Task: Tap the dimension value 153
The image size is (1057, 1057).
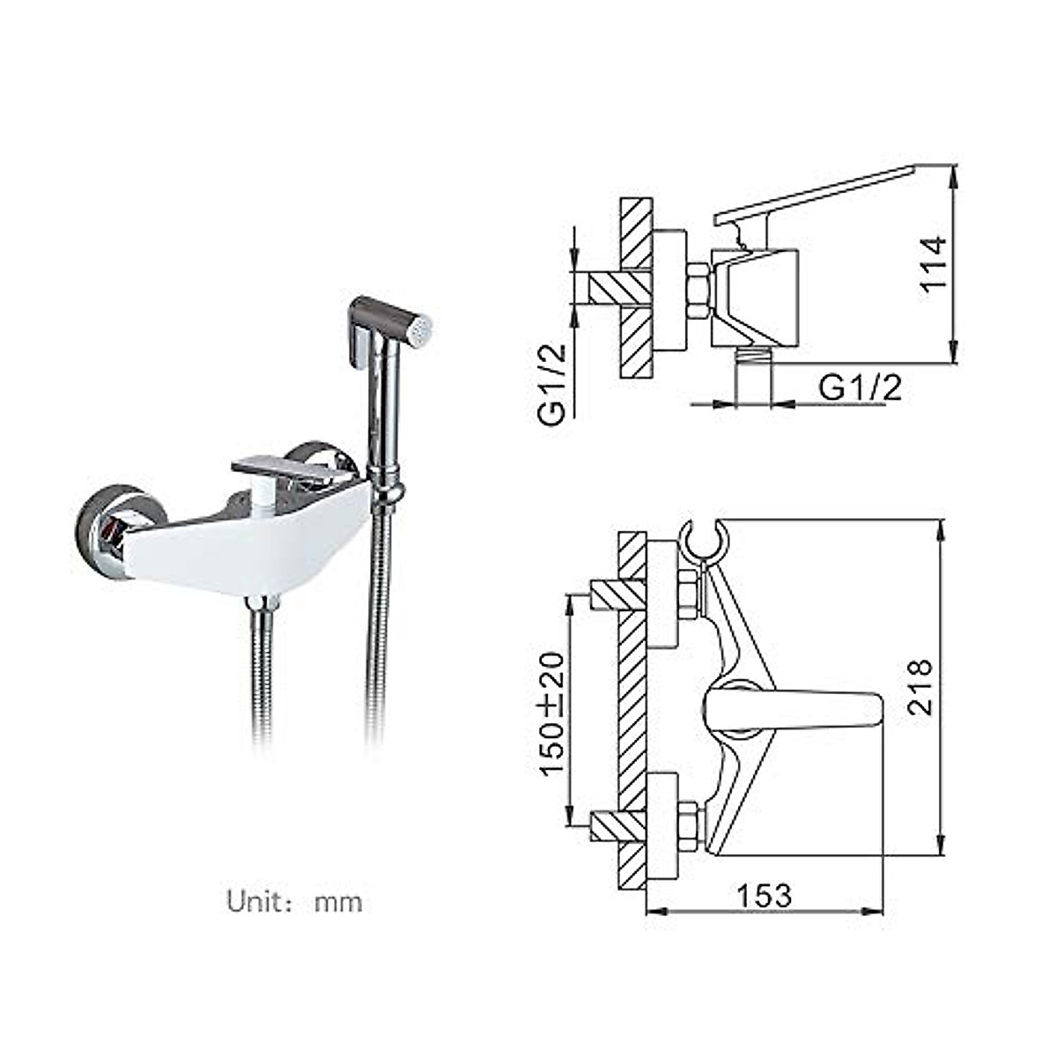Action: (764, 895)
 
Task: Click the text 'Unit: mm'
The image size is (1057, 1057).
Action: (294, 902)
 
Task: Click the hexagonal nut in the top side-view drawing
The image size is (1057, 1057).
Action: (697, 292)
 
